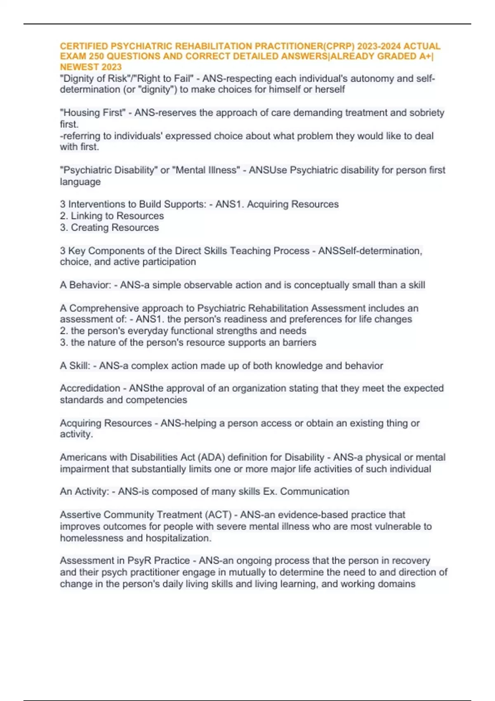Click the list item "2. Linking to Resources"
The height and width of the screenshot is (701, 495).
coord(112,216)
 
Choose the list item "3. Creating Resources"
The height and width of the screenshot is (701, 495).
coord(109,227)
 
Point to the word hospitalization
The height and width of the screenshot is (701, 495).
coord(179,538)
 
